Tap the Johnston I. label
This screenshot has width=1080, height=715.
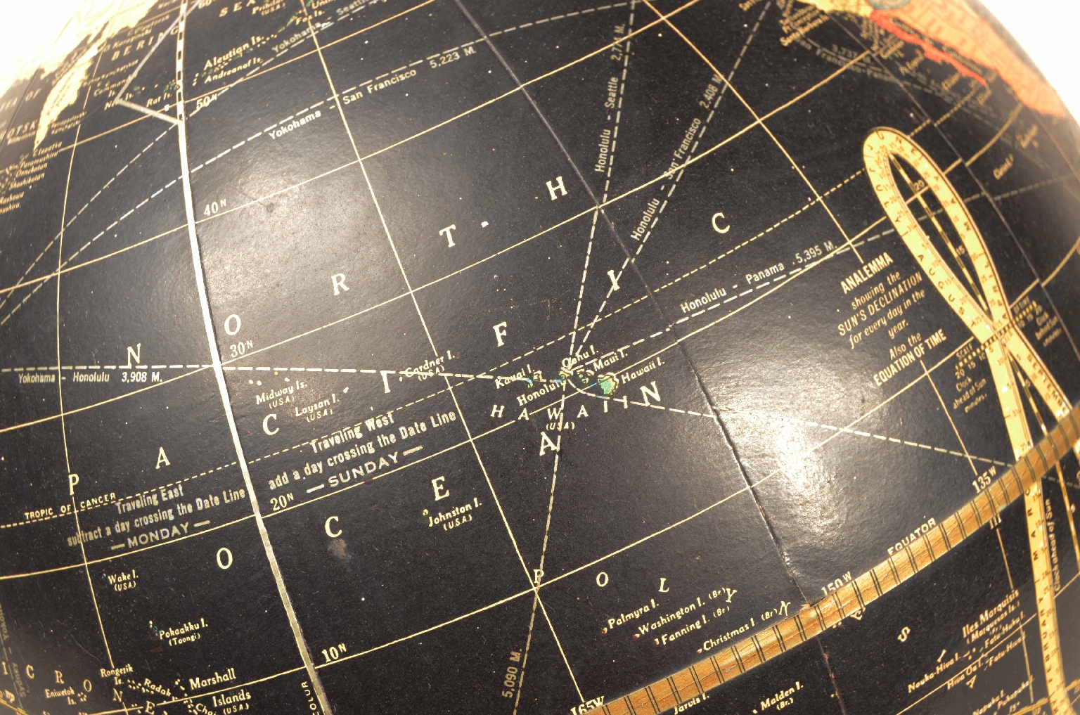point(455,510)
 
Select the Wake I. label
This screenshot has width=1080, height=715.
point(122,578)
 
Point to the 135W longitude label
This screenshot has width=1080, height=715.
point(984,479)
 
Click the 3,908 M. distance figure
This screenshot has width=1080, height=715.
point(141,378)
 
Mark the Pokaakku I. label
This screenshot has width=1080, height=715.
point(182,629)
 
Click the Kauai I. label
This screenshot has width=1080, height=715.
point(513,380)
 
